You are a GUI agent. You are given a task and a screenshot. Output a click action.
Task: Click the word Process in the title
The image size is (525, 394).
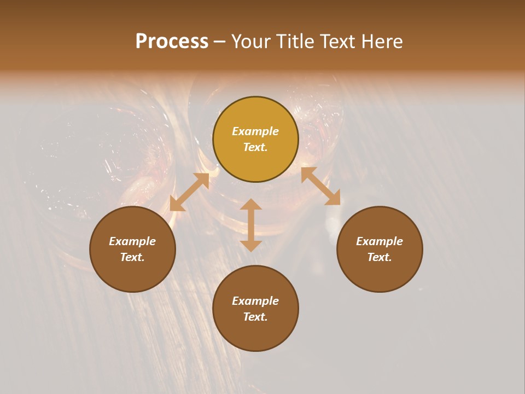172,42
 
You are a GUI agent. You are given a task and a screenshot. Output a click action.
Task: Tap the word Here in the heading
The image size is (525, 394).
381,42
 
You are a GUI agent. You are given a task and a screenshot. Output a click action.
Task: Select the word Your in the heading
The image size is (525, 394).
250,42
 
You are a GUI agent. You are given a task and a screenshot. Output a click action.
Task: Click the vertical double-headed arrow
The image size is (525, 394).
251,225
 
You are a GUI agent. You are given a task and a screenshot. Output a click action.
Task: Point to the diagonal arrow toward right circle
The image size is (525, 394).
320,186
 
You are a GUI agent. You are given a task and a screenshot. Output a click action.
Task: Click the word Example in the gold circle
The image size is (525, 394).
255,131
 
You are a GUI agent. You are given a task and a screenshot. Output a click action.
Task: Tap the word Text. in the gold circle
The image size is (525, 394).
255,147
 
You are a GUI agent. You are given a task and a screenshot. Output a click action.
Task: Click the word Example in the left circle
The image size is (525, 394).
132,241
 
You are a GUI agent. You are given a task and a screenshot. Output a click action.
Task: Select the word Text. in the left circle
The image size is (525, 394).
132,257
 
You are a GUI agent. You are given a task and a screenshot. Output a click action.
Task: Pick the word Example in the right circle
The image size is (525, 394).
380,241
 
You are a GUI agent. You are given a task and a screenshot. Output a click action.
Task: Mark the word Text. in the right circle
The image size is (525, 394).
380,257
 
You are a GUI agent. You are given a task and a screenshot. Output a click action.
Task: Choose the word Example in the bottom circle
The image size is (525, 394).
255,301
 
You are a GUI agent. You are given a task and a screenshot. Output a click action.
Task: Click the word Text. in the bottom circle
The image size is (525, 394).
255,317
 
